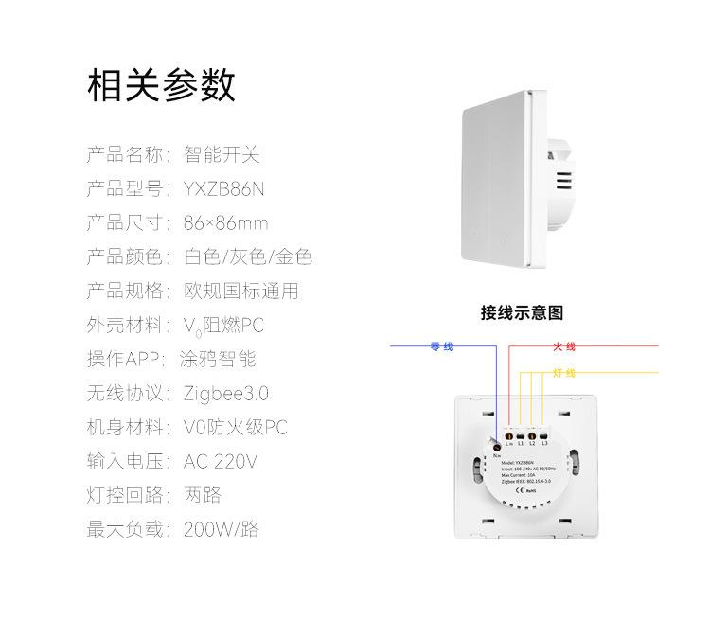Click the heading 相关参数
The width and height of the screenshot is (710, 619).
point(160,86)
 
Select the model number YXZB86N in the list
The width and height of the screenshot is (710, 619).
point(224,189)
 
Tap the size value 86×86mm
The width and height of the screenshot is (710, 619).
point(225,223)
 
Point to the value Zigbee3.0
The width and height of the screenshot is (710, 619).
point(226,394)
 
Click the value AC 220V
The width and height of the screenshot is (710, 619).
point(221,462)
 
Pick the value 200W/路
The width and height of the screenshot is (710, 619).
point(221,530)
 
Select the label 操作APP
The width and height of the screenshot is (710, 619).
point(124,360)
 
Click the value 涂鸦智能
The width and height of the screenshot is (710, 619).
point(218,360)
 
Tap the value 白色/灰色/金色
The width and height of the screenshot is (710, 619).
point(248,257)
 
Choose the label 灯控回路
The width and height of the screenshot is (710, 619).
point(124,496)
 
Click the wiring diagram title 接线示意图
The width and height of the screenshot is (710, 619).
point(522,313)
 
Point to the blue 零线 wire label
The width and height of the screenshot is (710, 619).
point(441,347)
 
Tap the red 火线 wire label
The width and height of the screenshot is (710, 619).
point(564,347)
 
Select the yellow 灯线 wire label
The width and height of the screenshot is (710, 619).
point(564,373)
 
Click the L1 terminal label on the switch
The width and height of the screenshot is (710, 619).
point(521,443)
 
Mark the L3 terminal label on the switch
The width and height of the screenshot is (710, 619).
point(545,443)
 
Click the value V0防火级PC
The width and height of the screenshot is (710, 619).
point(235,428)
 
